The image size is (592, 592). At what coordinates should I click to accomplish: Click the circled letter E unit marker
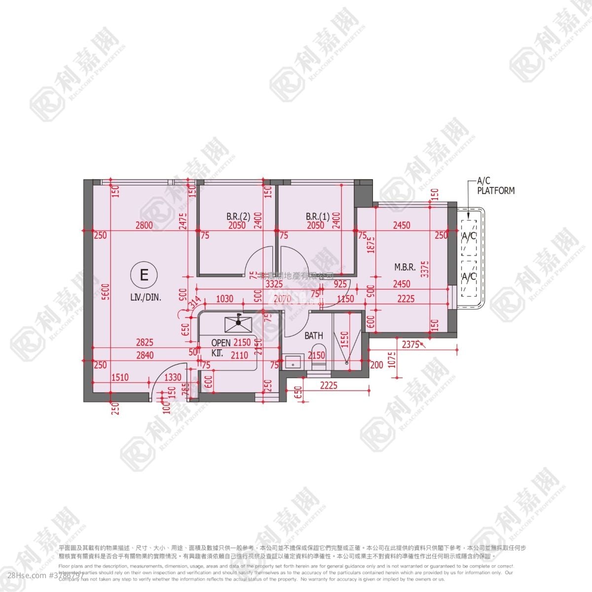(x=144, y=274)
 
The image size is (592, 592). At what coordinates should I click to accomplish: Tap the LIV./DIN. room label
(x=146, y=297)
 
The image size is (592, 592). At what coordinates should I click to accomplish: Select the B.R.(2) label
(x=239, y=216)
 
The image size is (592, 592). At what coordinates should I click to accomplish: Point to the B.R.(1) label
(x=318, y=216)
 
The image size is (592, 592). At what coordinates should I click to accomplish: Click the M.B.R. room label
(x=405, y=267)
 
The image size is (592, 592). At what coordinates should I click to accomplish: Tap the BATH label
(x=314, y=335)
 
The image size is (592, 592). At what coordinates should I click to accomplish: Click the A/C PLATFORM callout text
(x=495, y=186)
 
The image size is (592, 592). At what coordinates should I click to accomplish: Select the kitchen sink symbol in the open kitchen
(x=238, y=324)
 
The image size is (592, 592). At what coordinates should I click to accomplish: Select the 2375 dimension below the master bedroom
(x=410, y=345)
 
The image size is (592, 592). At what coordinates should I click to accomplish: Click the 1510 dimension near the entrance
(x=120, y=377)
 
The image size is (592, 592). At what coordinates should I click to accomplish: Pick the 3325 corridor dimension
(x=274, y=284)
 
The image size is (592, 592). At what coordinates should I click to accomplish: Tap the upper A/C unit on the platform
(x=469, y=236)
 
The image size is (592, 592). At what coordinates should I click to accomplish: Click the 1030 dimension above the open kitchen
(x=225, y=299)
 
